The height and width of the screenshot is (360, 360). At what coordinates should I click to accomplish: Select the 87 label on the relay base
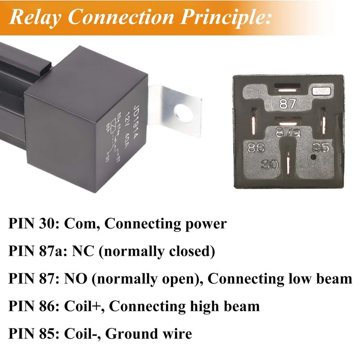point(288,104)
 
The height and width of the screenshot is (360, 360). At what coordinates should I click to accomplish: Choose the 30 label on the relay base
point(270,165)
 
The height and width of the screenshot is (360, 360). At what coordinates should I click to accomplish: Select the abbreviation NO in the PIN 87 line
point(76,279)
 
